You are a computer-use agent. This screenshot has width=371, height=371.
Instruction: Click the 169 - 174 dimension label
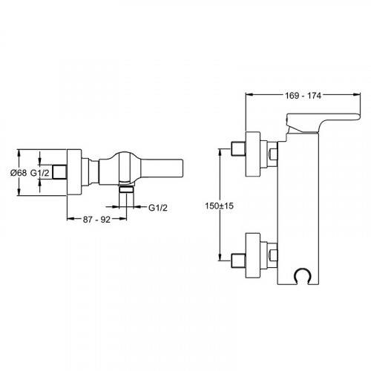pos(303,96)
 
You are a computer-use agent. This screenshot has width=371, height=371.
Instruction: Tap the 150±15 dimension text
pos(219,206)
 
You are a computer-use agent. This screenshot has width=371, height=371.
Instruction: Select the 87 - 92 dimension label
pos(96,220)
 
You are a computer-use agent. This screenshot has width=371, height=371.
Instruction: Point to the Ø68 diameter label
pos(19,173)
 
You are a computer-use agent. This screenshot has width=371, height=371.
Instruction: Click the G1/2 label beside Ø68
pos(40,173)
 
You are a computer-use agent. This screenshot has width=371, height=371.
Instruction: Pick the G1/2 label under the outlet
pos(158,208)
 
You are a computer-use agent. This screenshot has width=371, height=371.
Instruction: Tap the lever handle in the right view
pos(321,122)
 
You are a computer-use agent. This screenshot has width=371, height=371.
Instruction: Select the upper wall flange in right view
pos(253,154)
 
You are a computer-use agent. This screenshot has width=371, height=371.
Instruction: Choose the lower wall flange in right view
pos(253,255)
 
